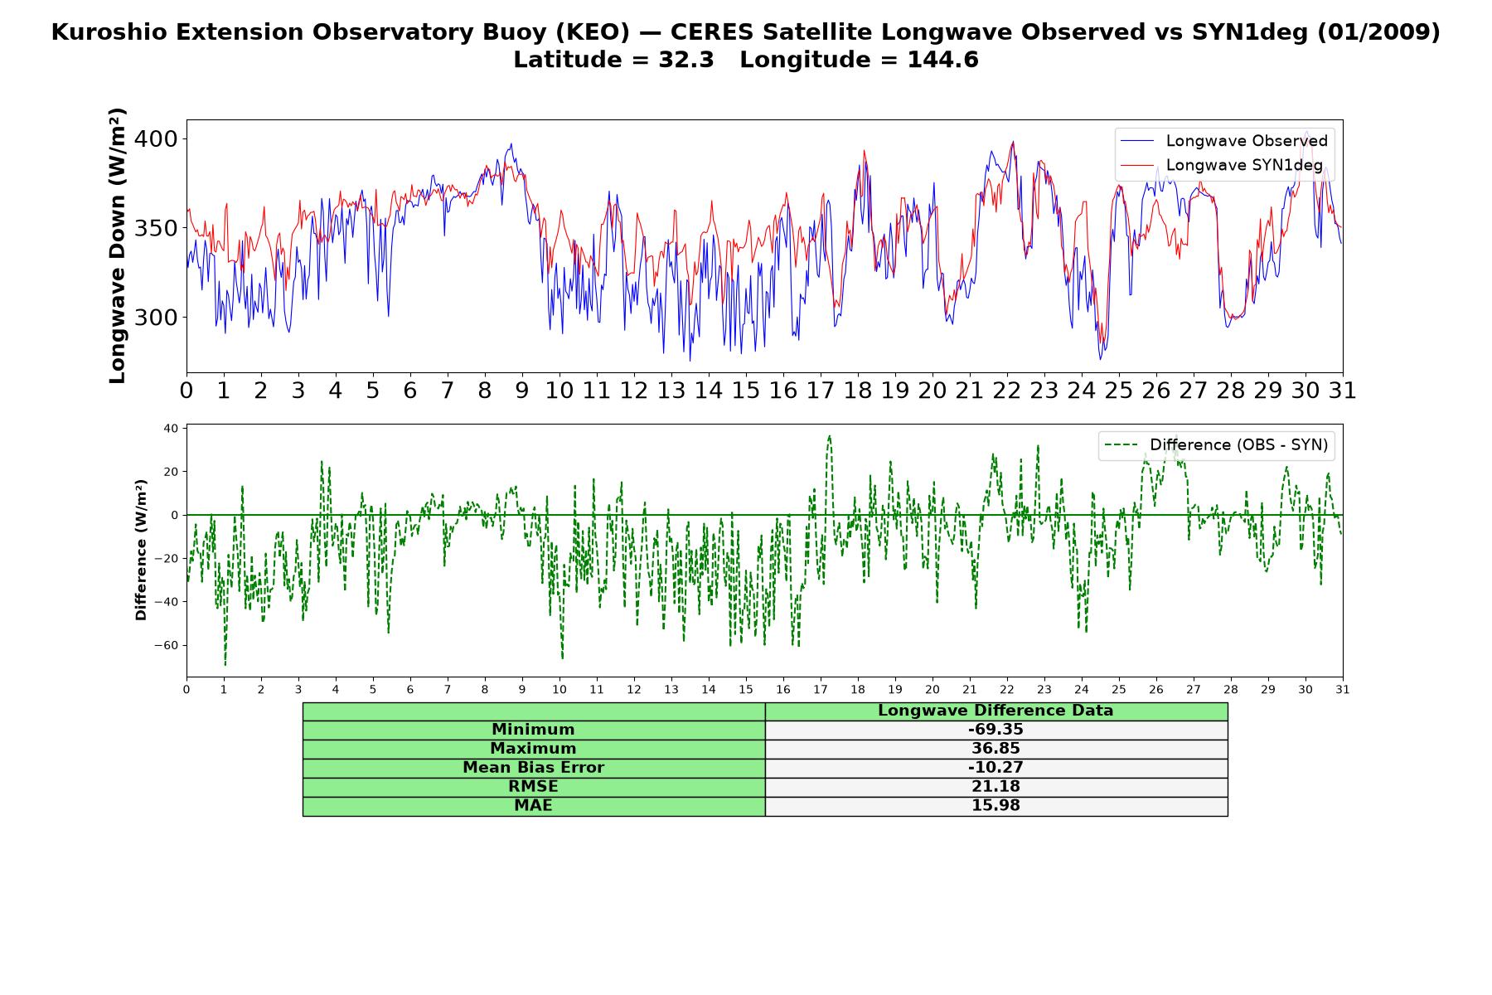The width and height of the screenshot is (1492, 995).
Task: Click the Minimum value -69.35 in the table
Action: coord(995,730)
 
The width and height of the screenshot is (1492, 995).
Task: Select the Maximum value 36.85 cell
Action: coord(995,749)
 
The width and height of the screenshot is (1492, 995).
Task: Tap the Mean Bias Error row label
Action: coord(533,768)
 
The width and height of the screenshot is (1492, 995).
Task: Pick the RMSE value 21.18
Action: coord(995,787)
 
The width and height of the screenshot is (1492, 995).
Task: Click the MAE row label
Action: coord(533,806)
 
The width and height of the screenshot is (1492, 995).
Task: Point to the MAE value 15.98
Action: coord(995,806)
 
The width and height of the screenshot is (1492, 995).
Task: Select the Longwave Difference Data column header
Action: coord(995,711)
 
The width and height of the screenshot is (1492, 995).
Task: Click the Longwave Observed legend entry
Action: coord(1224,141)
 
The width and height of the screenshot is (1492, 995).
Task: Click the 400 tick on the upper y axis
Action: coord(156,138)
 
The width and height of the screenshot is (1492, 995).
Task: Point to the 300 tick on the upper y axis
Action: coord(156,318)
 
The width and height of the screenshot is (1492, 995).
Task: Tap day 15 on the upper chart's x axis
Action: coord(746,391)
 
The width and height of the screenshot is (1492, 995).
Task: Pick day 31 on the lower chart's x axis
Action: coord(1343,689)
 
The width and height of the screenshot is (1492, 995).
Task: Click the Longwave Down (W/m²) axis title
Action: coord(118,245)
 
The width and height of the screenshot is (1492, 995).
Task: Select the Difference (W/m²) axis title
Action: coord(141,550)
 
